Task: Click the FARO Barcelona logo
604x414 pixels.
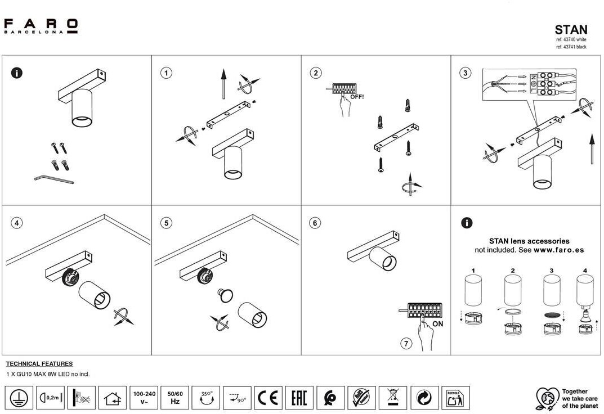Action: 41,26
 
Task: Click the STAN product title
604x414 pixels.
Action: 571,30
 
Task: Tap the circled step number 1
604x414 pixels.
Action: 166,73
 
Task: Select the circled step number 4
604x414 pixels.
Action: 17,223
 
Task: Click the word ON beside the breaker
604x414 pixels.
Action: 438,324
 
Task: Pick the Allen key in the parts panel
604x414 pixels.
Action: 53,179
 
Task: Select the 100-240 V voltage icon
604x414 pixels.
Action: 144,398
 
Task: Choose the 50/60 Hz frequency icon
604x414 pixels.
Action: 175,398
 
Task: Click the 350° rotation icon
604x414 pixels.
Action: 206,398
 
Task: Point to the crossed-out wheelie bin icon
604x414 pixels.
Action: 392,398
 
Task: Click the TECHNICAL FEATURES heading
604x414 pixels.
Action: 39,364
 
